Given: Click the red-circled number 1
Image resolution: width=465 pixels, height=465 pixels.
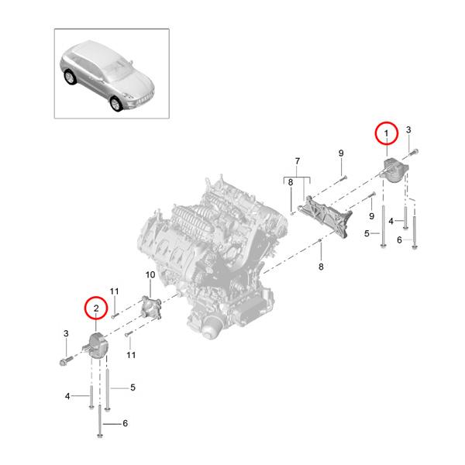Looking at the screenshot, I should click(x=385, y=134).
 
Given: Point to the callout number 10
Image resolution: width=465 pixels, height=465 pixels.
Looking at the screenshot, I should click(x=150, y=274).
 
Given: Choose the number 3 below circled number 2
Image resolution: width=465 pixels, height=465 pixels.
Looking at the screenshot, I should click(x=67, y=333).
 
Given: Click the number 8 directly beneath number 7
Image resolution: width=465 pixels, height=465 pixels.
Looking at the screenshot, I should click(x=291, y=182).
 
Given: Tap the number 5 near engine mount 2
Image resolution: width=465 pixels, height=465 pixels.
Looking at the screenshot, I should click(x=133, y=387).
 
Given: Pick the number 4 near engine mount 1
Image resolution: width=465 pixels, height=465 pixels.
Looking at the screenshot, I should click(x=392, y=221).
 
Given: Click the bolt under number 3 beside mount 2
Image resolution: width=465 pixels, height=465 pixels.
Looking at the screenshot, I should click(x=64, y=360).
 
